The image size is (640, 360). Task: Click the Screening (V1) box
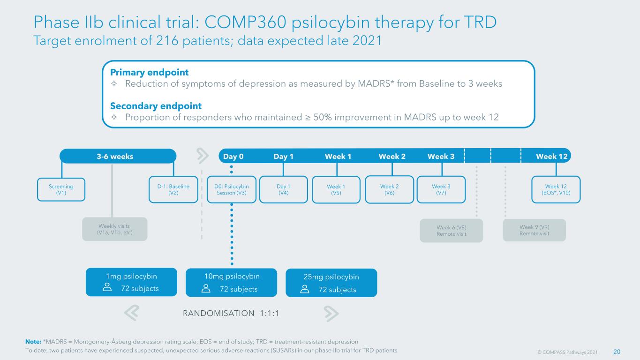(61, 189)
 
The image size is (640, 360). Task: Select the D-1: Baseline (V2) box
(173, 189)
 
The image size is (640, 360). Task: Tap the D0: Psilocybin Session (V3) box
(232, 189)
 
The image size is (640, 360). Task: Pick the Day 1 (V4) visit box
(283, 189)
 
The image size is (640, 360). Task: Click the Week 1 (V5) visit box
(336, 189)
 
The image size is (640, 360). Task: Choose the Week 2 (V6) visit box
(390, 189)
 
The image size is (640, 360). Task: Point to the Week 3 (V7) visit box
(441, 189)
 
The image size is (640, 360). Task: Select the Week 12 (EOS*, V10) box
(556, 189)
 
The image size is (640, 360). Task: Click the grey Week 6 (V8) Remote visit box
(452, 231)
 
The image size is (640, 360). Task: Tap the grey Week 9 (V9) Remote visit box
(535, 230)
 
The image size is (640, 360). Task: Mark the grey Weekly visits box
(115, 229)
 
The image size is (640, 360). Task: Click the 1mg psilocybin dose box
(131, 282)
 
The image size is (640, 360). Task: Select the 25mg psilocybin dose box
(331, 283)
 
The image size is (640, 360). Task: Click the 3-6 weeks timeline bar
(118, 156)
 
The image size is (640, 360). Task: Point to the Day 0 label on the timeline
(233, 157)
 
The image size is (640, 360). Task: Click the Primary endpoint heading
(150, 73)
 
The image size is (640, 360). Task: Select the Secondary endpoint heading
(156, 106)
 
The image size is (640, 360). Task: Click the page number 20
(617, 352)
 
